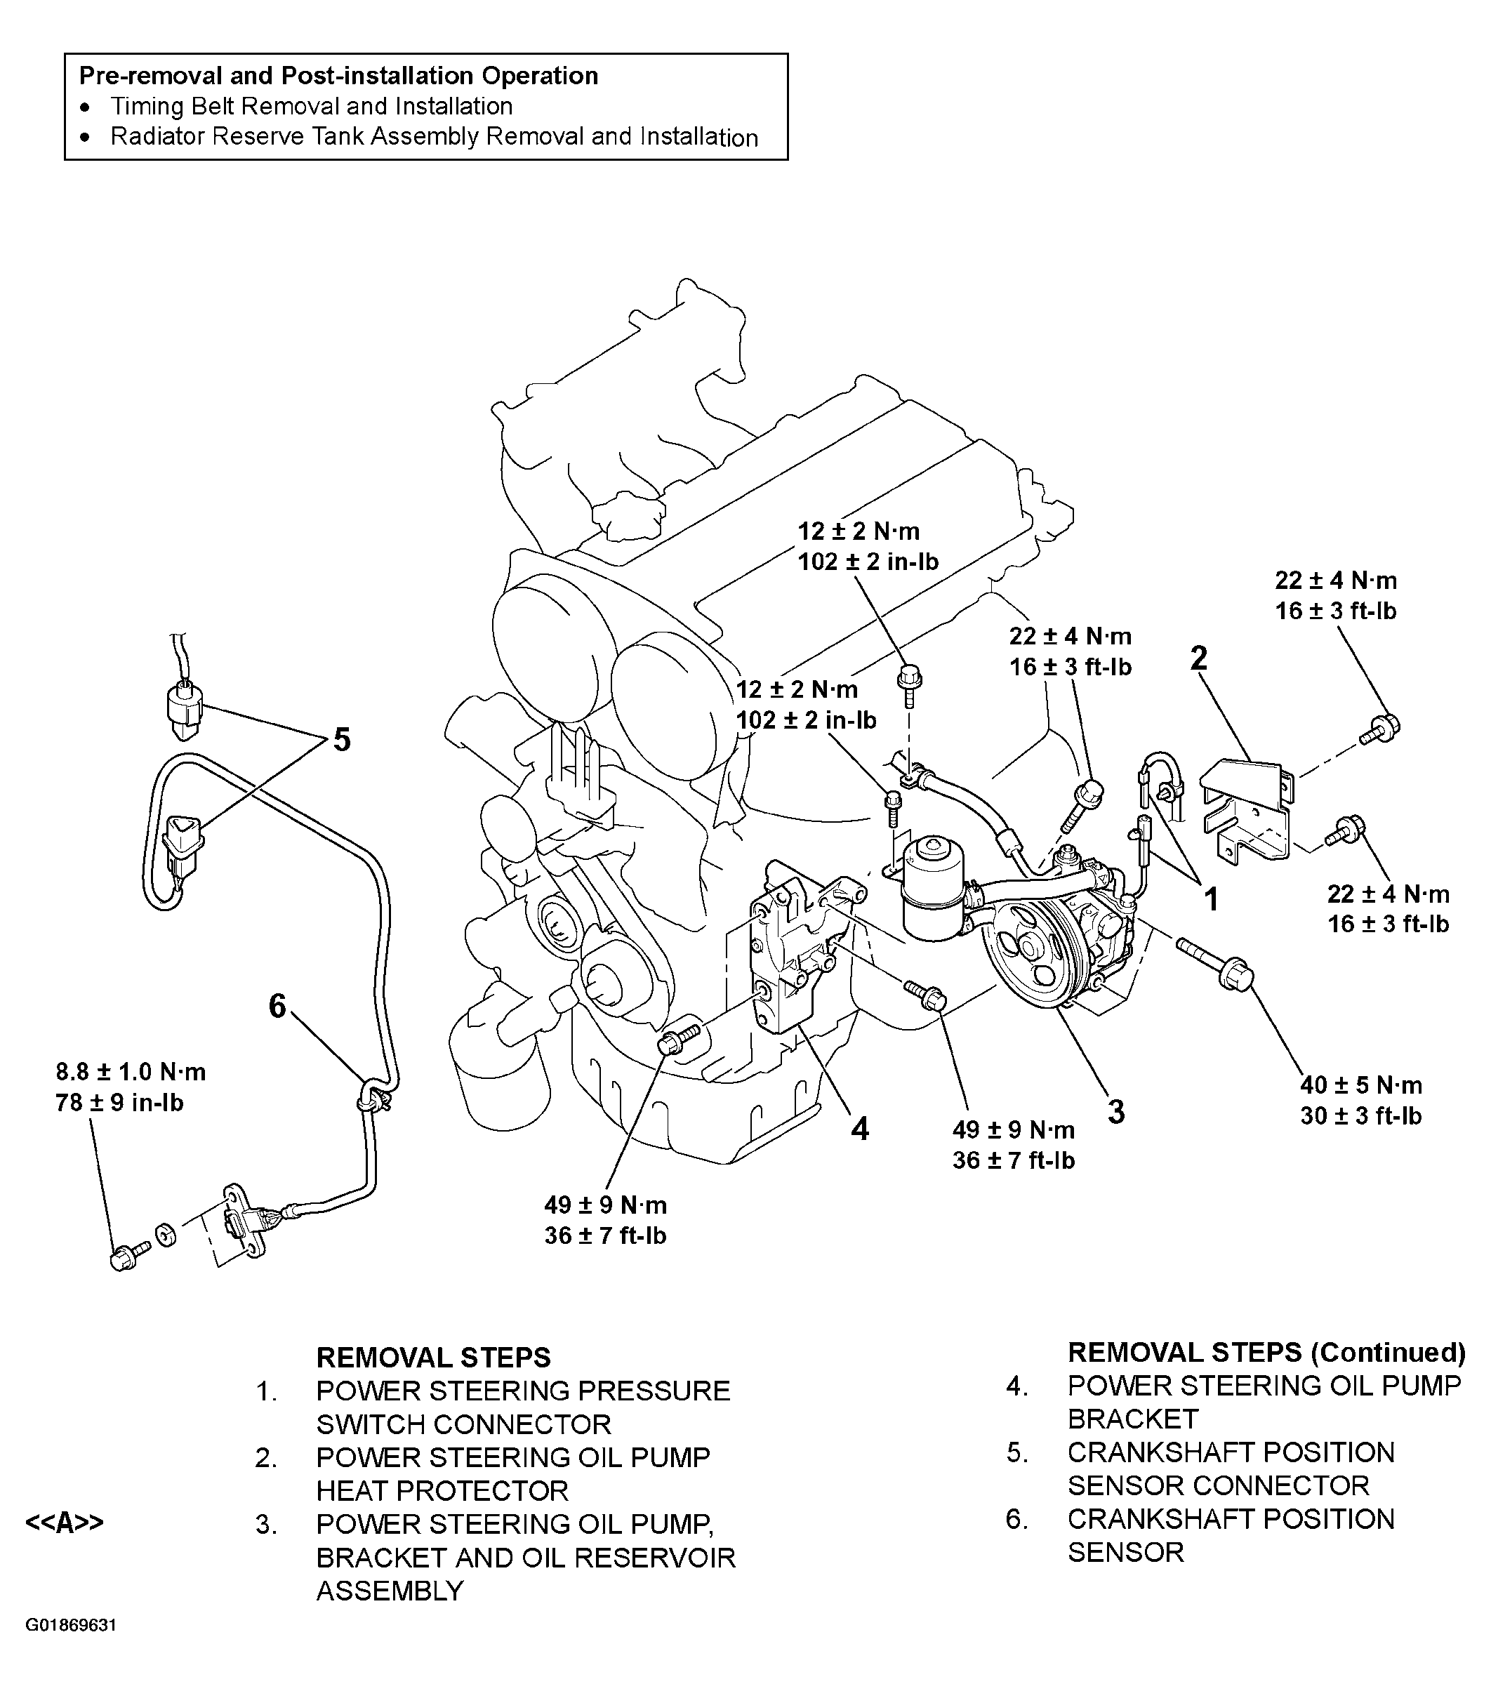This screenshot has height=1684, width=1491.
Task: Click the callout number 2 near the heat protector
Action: tap(1198, 658)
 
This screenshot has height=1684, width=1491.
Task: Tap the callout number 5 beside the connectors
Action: tap(341, 740)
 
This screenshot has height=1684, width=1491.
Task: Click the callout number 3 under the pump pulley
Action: tap(1115, 1112)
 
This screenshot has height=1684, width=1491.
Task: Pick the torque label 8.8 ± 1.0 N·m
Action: tap(130, 1072)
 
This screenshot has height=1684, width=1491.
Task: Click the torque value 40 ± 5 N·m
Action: tap(1361, 1085)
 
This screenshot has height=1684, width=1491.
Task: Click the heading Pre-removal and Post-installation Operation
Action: tap(338, 76)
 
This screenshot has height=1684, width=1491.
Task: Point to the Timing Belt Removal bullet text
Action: tap(312, 106)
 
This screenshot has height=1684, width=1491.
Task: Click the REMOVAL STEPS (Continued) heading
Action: tap(1266, 1352)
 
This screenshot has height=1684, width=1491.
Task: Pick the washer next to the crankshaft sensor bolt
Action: tap(166, 1236)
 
